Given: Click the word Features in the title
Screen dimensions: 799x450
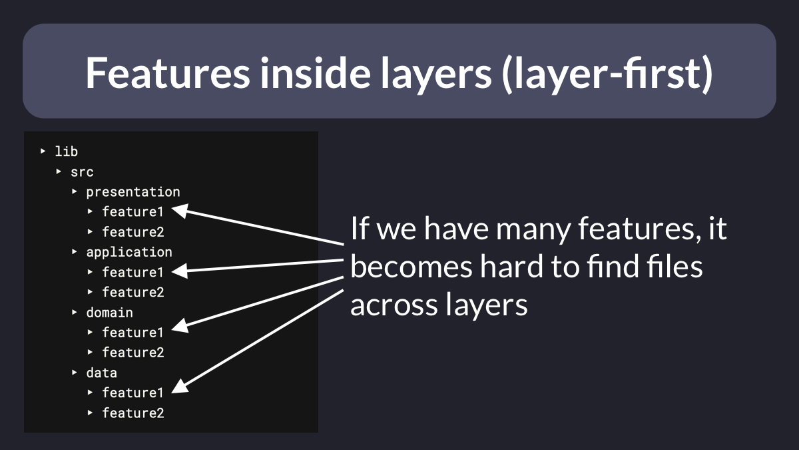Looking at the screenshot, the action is pos(168,73).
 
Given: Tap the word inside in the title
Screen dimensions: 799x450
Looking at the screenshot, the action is pos(316,73).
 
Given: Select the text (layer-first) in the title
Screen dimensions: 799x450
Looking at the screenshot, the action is pos(607,74).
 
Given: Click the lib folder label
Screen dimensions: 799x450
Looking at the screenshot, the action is pos(67,151).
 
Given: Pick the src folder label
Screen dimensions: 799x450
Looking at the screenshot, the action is pos(82,172).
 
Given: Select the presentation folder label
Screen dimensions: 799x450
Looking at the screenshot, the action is pos(133,192).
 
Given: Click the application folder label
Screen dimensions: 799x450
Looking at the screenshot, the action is pos(129,253).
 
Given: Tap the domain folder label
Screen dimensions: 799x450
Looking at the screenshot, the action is pos(109,313).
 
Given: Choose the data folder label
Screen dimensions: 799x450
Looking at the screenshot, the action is pos(102,373).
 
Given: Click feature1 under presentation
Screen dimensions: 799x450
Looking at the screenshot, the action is pos(133,212).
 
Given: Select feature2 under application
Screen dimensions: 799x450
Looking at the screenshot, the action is pos(133,292).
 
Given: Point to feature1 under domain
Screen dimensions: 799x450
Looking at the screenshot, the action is pos(133,333).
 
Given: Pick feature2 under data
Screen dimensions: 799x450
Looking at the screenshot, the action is pos(133,413).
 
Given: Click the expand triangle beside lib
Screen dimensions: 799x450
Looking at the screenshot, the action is pos(43,151).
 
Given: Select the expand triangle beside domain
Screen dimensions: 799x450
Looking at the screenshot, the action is pos(74,312).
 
